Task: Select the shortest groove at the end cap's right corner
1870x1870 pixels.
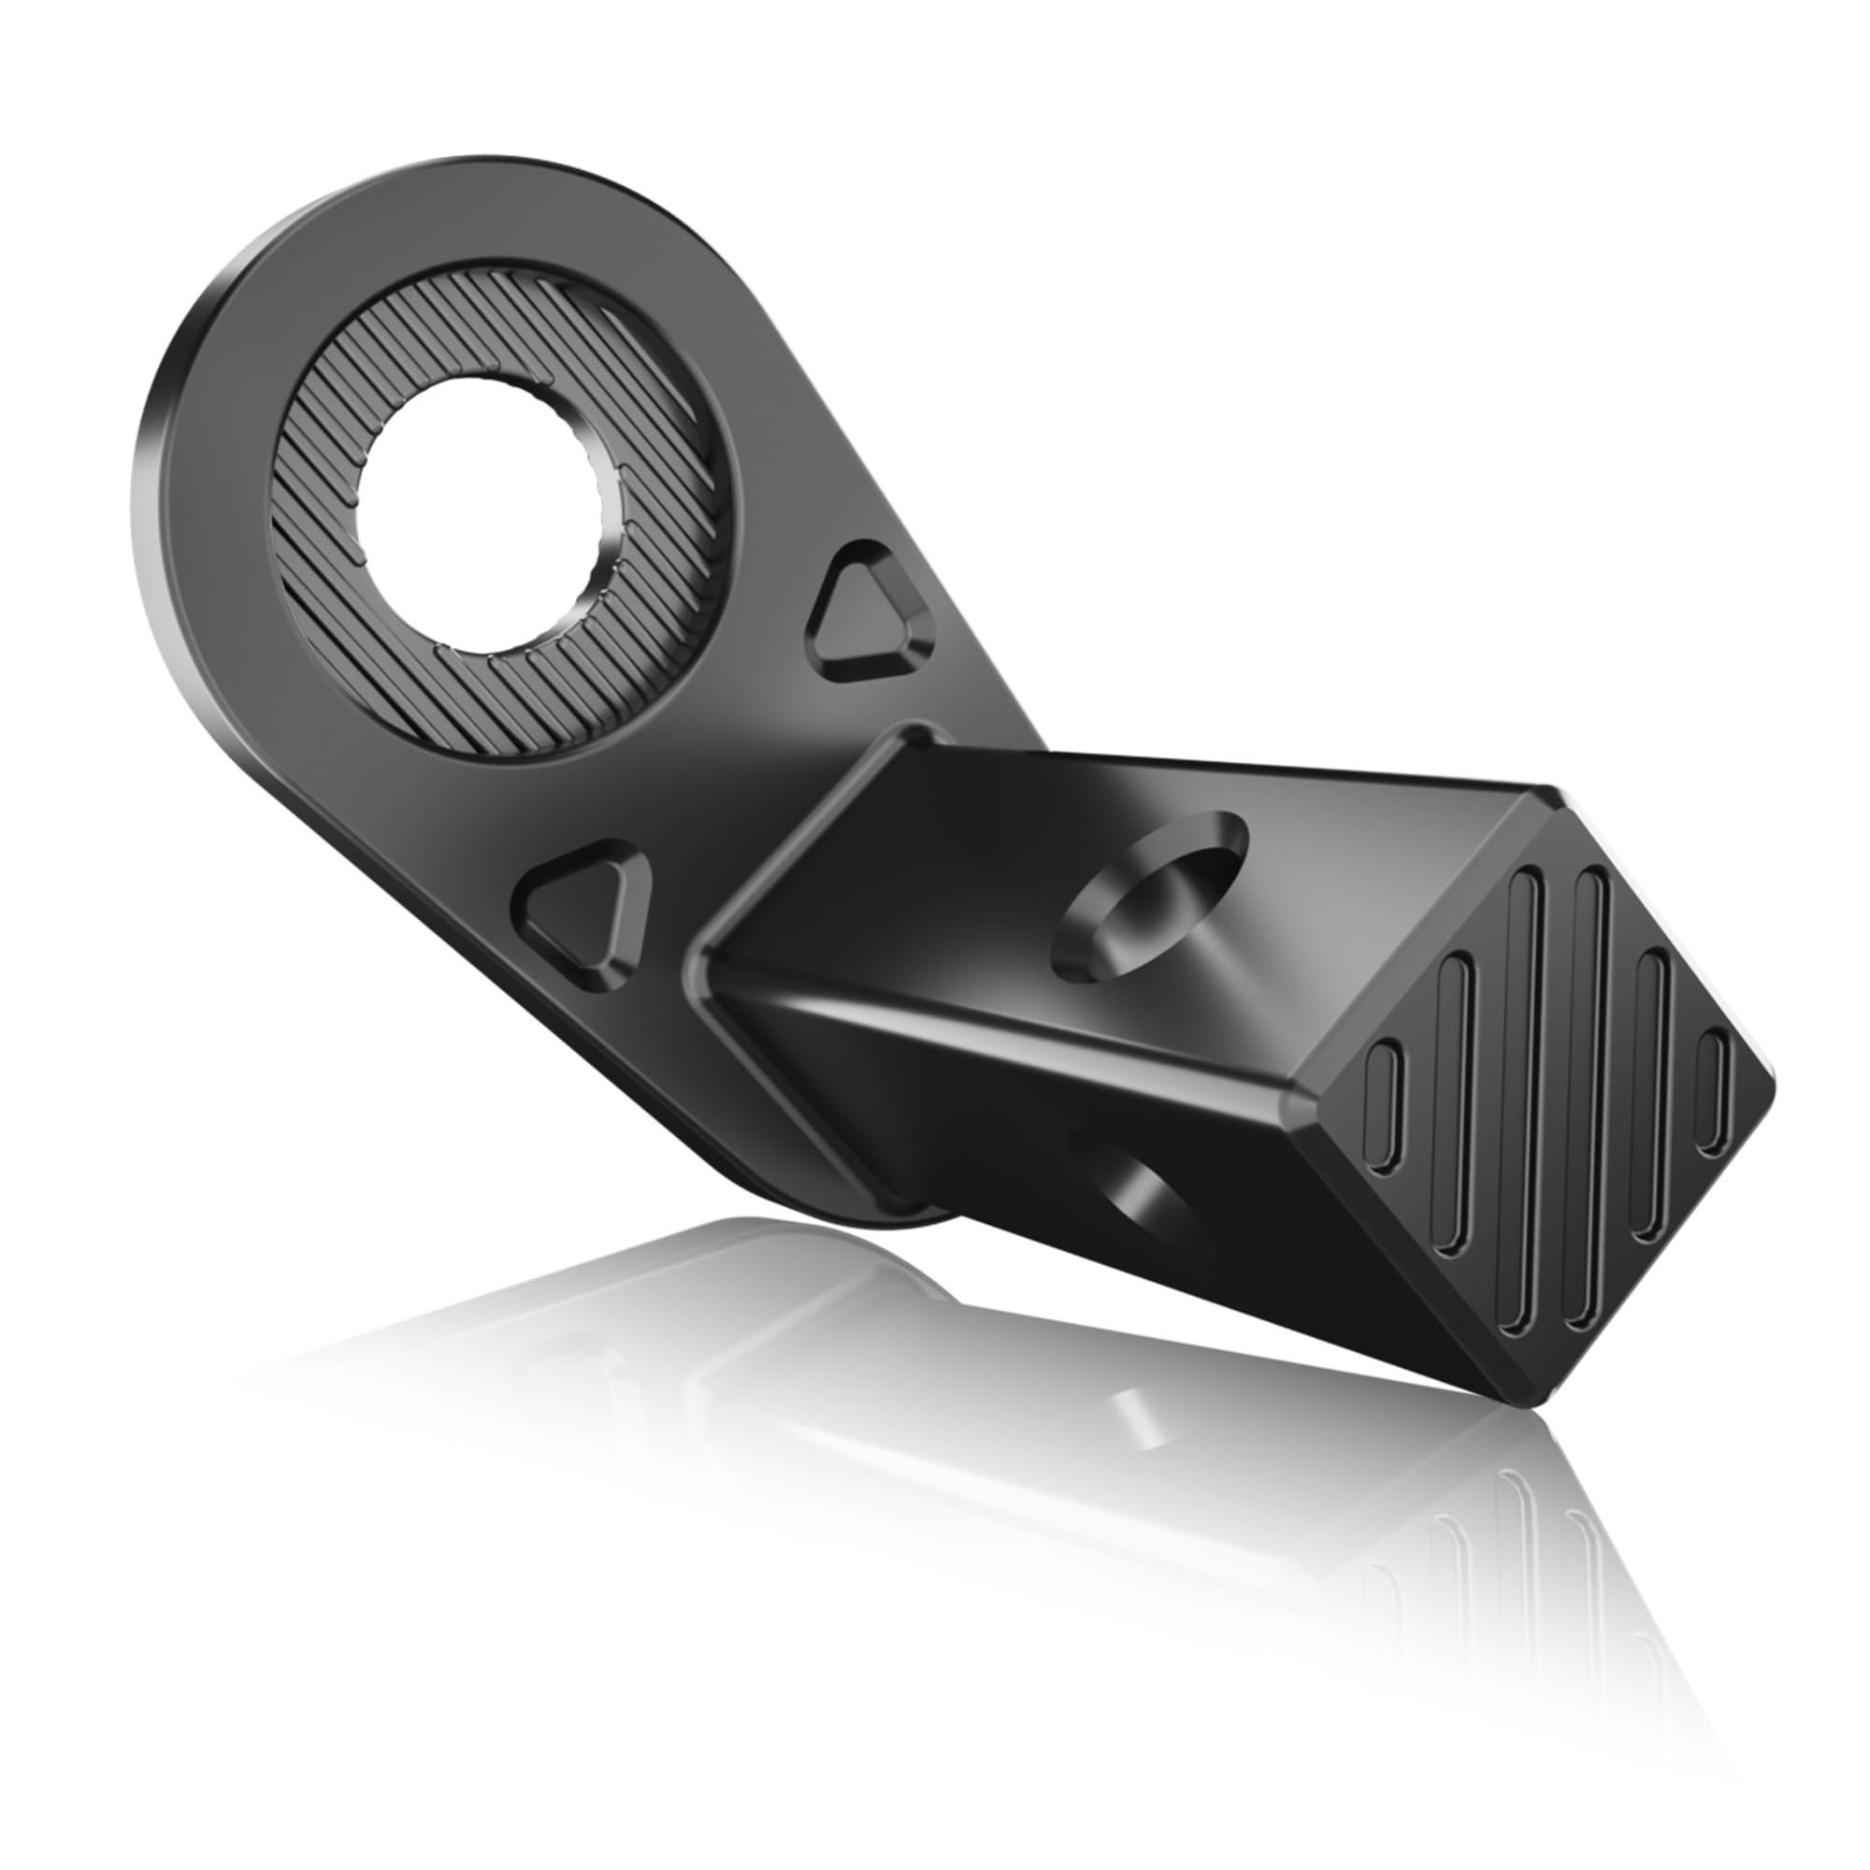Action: point(1714,1093)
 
